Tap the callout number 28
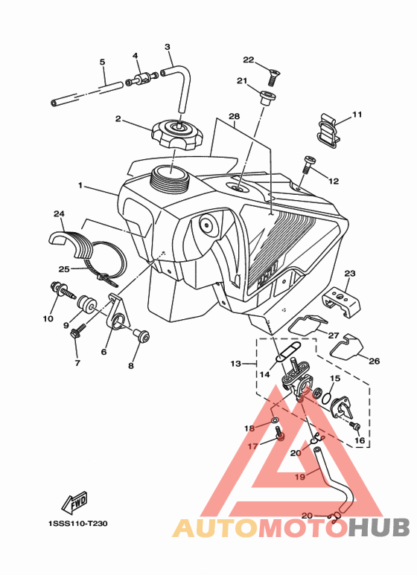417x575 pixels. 235,116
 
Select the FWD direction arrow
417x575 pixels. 74,502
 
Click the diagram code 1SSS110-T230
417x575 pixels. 78,523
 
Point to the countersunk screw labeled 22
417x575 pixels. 270,77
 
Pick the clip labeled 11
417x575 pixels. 328,130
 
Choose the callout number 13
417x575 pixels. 235,364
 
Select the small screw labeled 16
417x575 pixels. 355,426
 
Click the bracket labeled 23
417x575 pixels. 341,303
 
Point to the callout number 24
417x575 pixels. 59,213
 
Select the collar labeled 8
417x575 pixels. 141,335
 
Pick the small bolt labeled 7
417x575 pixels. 78,330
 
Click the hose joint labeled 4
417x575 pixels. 141,79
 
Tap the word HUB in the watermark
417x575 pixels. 379,527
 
